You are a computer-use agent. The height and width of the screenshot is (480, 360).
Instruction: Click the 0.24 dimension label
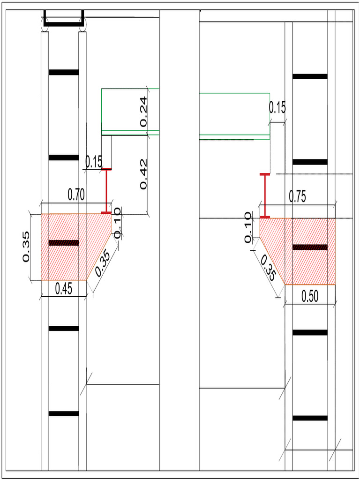pyautogui.click(x=143, y=112)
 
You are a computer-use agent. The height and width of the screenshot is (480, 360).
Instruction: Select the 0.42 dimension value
pyautogui.click(x=143, y=174)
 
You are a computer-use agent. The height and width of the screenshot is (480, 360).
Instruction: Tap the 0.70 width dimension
pyautogui.click(x=76, y=195)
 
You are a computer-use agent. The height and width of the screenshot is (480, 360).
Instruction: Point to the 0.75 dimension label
pyautogui.click(x=297, y=198)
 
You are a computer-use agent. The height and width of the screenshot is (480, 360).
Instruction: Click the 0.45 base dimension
pyautogui.click(x=64, y=289)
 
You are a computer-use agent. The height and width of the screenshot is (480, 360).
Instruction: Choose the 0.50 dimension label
pyautogui.click(x=310, y=296)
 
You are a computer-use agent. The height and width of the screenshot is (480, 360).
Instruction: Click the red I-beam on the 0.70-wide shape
pyautogui.click(x=106, y=191)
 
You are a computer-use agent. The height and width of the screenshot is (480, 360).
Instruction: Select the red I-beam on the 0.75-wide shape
pyautogui.click(x=265, y=195)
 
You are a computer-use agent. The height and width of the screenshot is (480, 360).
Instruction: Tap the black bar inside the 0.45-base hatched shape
pyautogui.click(x=64, y=243)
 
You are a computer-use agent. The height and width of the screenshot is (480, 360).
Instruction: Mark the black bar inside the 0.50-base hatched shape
pyautogui.click(x=310, y=247)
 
